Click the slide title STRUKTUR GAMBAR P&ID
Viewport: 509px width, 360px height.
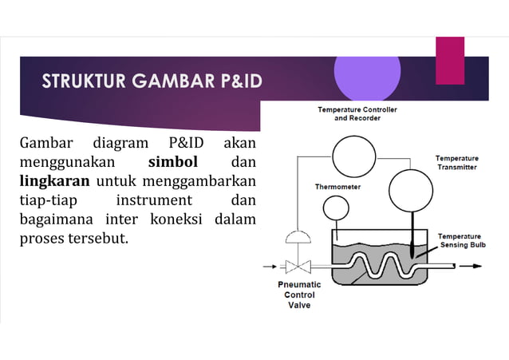(152, 81)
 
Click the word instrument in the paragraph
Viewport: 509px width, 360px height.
(154, 199)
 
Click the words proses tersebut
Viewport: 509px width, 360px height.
(73, 237)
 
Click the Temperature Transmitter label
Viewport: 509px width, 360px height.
(456, 163)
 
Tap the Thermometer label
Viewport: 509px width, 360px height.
(337, 187)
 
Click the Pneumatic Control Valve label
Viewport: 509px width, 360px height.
(299, 295)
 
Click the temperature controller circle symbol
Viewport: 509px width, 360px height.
(353, 156)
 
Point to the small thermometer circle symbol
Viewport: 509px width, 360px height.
(336, 208)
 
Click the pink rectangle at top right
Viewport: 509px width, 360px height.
(449, 60)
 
